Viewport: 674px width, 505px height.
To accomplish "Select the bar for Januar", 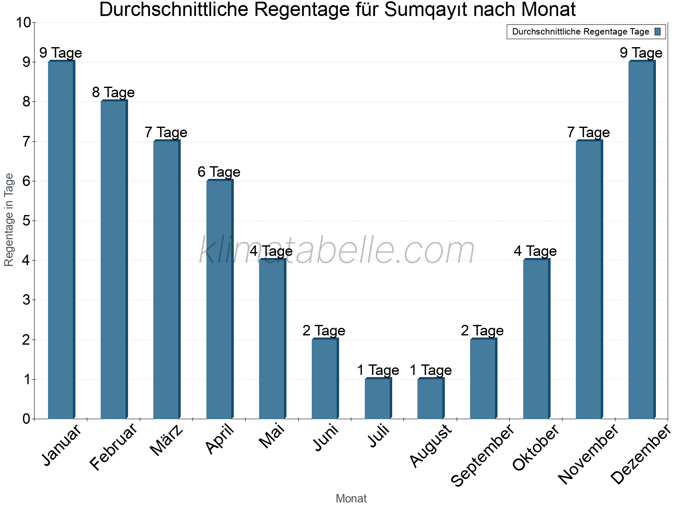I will [62, 240].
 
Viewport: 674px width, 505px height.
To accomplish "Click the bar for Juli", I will [378, 399].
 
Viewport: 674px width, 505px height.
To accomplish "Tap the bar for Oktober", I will [536, 339].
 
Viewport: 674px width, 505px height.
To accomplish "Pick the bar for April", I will [219, 299].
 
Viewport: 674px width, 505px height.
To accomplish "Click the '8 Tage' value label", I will [113, 93].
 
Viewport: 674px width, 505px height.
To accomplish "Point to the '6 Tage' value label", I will [219, 172].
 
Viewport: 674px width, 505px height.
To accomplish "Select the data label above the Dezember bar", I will [641, 53].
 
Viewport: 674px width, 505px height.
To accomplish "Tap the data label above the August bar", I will [431, 370].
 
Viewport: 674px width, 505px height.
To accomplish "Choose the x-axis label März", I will [167, 441].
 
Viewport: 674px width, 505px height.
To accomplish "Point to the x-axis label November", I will [588, 454].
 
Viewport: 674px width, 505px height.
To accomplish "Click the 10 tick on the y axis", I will [23, 23].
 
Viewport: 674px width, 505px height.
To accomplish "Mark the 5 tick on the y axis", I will [27, 221].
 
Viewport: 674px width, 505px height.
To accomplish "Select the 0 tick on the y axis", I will [27, 419].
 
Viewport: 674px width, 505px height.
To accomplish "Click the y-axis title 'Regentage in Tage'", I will [9, 220].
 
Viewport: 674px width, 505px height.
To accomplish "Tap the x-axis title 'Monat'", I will [351, 499].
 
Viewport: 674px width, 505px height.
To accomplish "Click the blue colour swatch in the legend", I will [658, 32].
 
